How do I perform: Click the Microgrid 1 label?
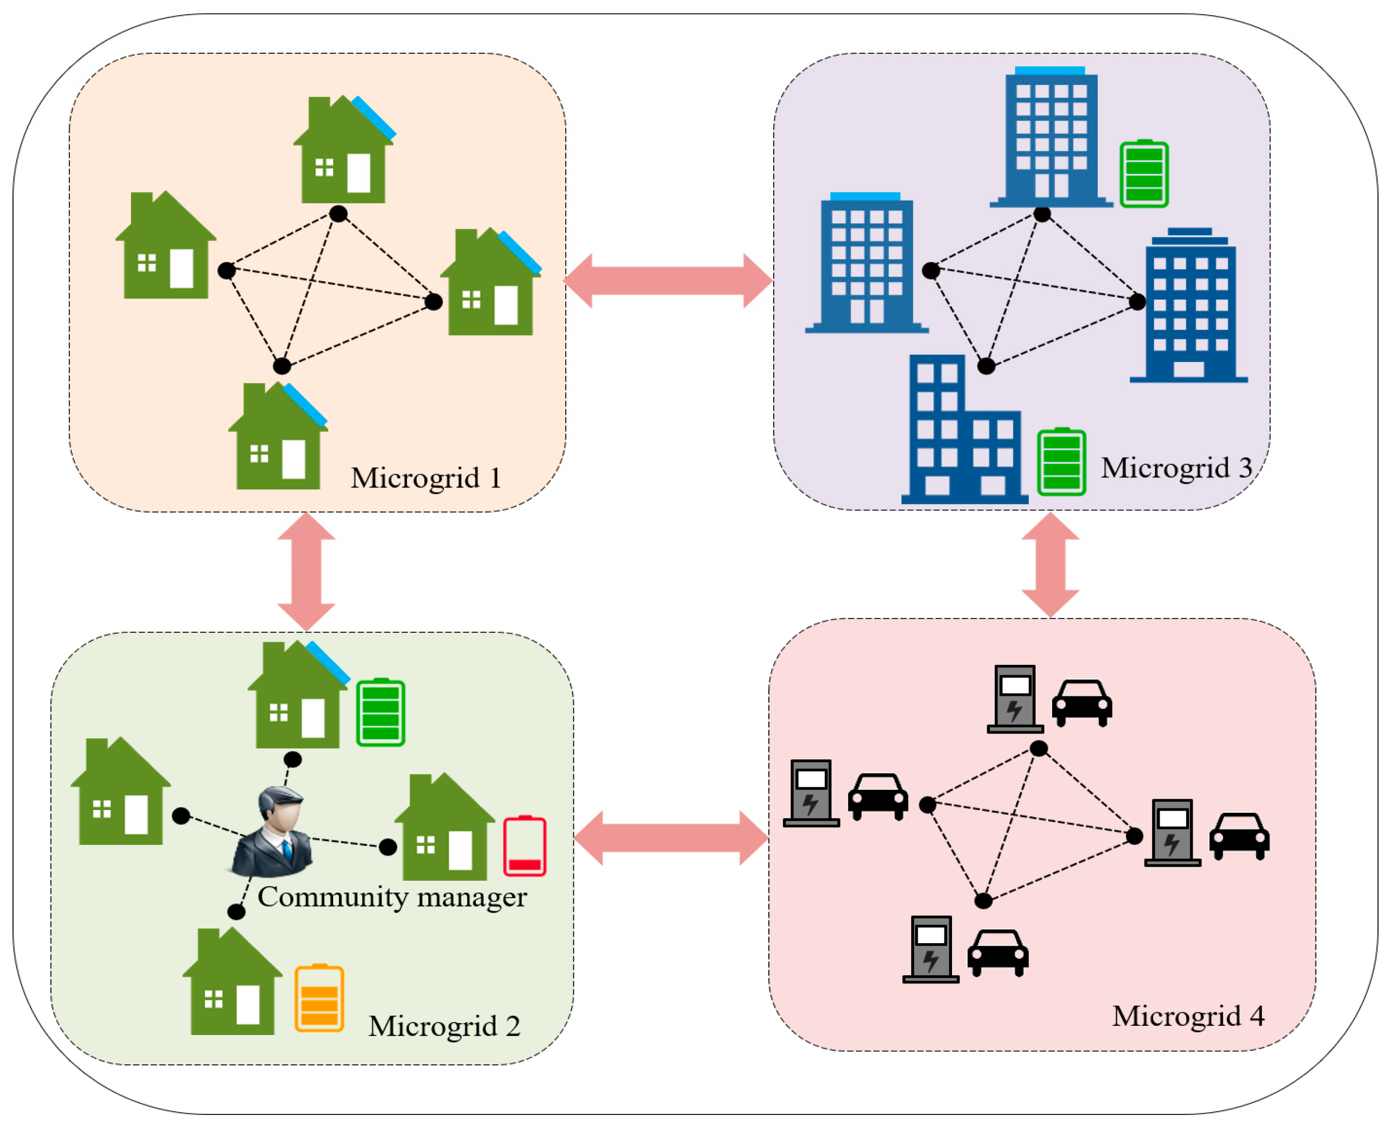point(425,478)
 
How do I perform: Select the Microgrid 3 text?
point(1176,468)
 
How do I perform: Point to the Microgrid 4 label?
point(1187,1015)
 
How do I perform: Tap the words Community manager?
point(392,898)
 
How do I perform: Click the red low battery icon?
point(524,846)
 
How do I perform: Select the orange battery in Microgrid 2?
point(319,999)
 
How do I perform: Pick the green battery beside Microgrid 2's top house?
point(380,712)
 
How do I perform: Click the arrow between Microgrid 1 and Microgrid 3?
point(668,281)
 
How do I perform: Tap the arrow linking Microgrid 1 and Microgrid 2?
point(306,571)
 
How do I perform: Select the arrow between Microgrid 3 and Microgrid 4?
point(1050,564)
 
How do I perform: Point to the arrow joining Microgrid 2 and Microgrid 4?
point(671,838)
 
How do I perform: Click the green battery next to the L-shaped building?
point(1061,462)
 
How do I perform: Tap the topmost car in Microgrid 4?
point(1081,702)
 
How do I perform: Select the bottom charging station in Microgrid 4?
point(930,948)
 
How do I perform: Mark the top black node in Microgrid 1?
point(338,213)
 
